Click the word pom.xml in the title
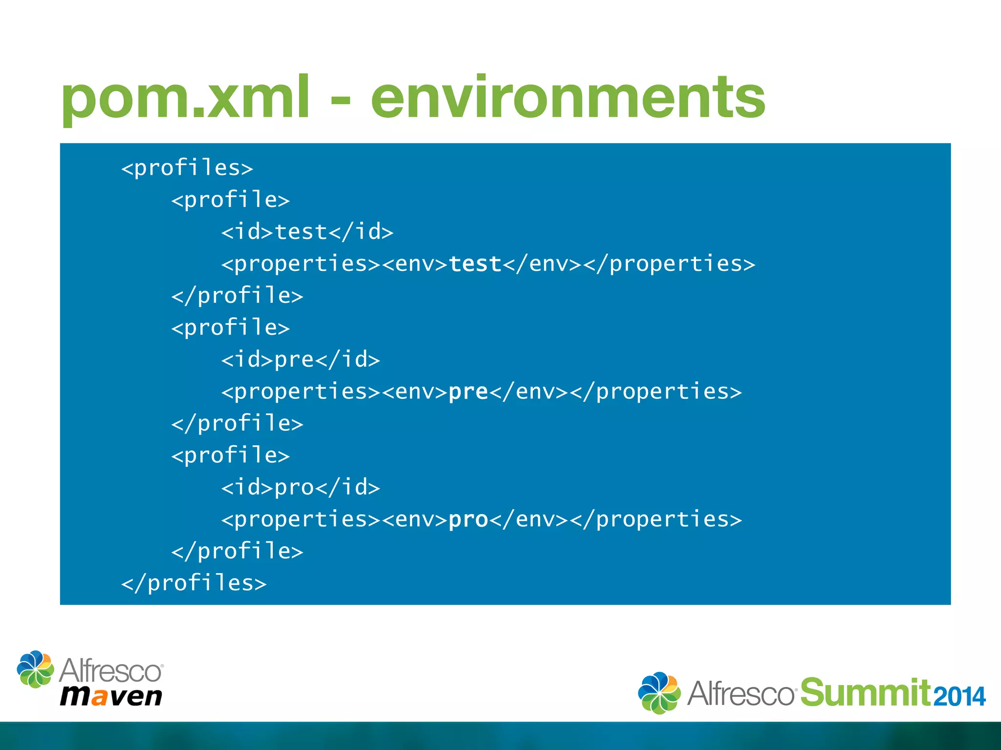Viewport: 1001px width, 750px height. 185,98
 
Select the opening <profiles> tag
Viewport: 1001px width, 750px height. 187,168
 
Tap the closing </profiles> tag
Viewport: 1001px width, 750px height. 194,583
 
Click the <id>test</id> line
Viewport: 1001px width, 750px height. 307,232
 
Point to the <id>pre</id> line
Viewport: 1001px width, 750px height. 301,360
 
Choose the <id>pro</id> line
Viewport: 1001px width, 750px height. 301,487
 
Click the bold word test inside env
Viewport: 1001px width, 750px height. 475,264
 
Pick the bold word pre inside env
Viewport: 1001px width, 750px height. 468,392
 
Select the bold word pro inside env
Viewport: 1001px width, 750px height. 468,520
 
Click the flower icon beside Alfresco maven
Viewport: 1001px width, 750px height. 35,669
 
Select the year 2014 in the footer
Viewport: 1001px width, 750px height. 959,696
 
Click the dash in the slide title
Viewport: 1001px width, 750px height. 340,100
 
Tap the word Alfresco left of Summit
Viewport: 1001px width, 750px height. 741,693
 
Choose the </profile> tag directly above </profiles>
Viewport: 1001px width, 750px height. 237,551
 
